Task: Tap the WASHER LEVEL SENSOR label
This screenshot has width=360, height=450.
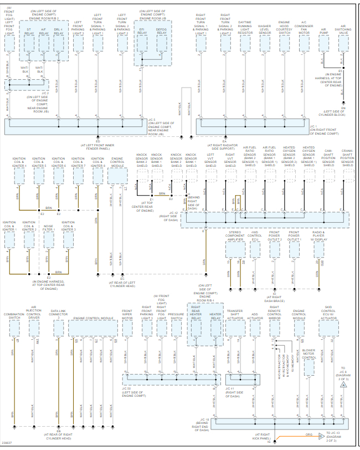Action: point(265,29)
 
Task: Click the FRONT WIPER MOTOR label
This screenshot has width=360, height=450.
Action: point(127,315)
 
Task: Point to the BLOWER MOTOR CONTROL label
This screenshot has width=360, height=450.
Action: point(309,354)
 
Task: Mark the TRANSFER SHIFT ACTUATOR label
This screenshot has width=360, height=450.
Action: point(235,315)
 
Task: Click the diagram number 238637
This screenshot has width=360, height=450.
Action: point(8,442)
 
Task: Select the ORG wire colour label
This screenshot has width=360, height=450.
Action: point(308,434)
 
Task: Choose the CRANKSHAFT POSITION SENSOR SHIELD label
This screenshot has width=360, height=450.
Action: point(347,157)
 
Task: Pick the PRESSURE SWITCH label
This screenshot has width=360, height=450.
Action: point(177,316)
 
